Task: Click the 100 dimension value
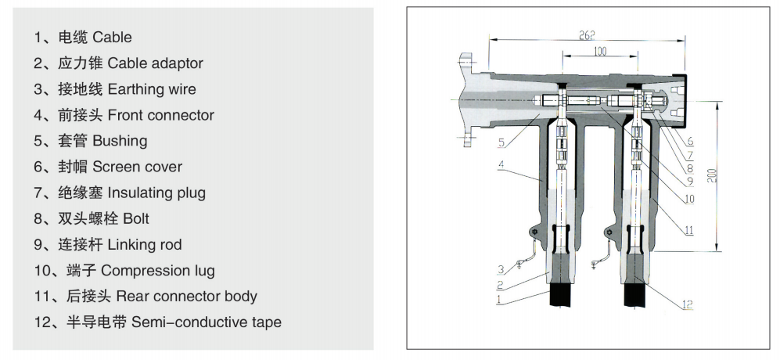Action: pyautogui.click(x=600, y=52)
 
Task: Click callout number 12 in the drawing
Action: pyautogui.click(x=686, y=305)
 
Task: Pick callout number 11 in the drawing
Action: pyautogui.click(x=688, y=229)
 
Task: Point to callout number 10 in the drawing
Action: pyautogui.click(x=688, y=199)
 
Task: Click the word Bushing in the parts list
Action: pyautogui.click(x=120, y=141)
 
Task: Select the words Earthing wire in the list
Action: pyautogui.click(x=152, y=89)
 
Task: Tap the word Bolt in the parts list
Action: pyautogui.click(x=136, y=218)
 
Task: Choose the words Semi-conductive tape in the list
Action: pyautogui.click(x=207, y=322)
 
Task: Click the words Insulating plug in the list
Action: pyautogui.click(x=157, y=193)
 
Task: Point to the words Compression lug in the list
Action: pyautogui.click(x=158, y=270)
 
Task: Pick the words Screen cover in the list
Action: pyautogui.click(x=137, y=167)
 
